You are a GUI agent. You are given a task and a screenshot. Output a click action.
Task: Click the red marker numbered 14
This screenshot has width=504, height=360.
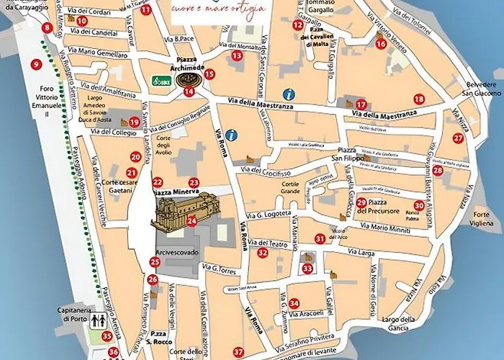189,91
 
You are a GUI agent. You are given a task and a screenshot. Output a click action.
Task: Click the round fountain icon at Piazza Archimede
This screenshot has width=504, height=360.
189,78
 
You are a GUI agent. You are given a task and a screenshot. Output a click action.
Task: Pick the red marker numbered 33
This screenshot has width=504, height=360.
307,269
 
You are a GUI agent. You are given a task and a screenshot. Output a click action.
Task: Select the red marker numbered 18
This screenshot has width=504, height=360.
418,99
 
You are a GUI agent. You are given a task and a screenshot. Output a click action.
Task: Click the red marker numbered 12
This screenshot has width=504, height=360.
297,25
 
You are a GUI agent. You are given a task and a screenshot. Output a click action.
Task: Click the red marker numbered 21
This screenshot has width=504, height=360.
131,173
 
